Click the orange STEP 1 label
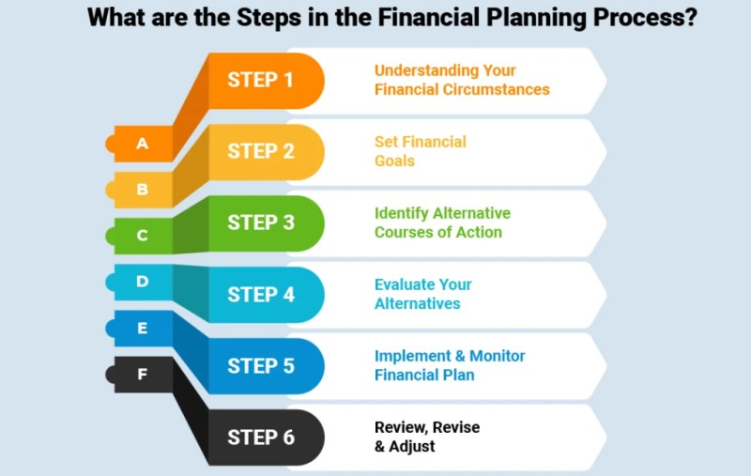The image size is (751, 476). point(260,80)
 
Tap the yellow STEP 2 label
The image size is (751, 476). point(261,151)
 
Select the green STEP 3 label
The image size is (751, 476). point(261,223)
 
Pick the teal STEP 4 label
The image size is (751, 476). point(261,295)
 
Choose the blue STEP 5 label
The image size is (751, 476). point(261,366)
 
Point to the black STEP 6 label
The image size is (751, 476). point(261,438)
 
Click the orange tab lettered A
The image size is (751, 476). point(139,144)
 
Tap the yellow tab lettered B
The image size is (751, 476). point(139,190)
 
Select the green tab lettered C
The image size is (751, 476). point(139,236)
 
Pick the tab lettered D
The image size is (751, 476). point(139,282)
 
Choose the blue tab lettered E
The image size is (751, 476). point(139,328)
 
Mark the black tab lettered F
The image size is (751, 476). point(139,374)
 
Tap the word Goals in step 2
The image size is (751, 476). point(394,161)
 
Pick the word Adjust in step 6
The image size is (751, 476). point(412,447)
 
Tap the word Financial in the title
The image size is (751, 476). point(429,18)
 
